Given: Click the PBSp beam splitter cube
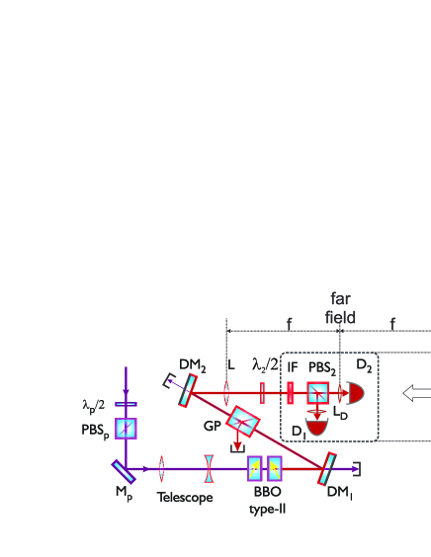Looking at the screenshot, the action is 126,429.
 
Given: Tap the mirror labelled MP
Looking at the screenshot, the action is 124,472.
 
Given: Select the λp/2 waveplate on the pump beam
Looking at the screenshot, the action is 126,404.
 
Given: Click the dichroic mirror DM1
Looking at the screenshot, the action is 327,468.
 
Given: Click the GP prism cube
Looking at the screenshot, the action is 243,422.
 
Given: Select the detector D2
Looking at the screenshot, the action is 356,393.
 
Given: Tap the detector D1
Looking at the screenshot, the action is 317,428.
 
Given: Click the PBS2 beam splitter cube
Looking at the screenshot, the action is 318,393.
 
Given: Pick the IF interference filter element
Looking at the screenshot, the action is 291,393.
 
